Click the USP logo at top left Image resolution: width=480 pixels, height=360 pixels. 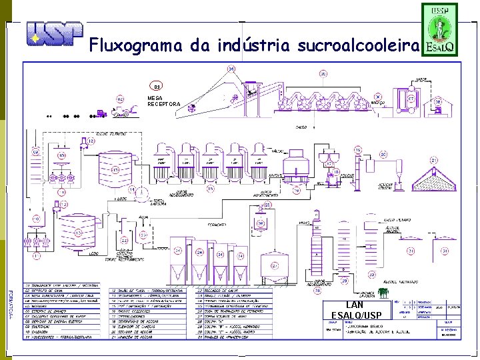point(55,33)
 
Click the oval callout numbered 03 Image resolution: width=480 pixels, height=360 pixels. point(157,86)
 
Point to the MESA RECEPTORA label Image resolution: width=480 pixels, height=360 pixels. point(163,101)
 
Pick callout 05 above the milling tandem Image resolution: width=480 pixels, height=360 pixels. point(323,74)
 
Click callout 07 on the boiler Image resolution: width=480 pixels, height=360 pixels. point(412,99)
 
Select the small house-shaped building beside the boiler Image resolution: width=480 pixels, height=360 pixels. point(438,102)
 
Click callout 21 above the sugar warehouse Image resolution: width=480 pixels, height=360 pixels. point(433,160)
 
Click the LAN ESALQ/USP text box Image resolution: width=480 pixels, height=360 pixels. point(355,310)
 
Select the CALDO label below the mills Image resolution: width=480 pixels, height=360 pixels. point(301,127)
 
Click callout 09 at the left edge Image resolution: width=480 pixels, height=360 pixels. point(36,152)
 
